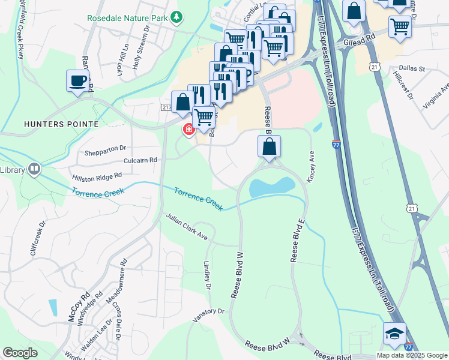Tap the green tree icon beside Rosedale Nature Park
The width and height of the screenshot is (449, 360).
pyautogui.click(x=176, y=18)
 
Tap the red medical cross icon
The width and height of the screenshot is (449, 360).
pyautogui.click(x=188, y=130)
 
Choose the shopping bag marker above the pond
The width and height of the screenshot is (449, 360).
pyautogui.click(x=270, y=146)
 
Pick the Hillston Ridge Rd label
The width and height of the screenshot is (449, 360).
pyautogui.click(x=97, y=176)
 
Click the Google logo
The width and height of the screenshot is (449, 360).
pyautogui.click(x=20, y=353)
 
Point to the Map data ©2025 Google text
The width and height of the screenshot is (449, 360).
pyautogui.click(x=412, y=355)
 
